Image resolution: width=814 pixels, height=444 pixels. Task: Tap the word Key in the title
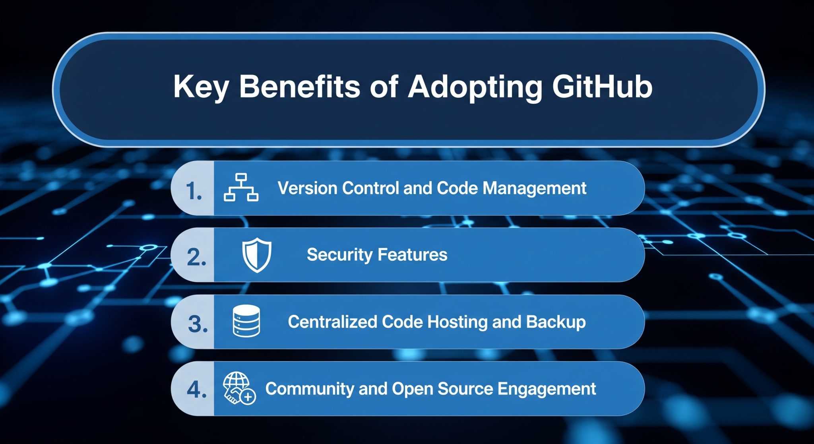point(201,87)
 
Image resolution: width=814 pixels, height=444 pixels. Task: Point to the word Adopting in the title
point(475,87)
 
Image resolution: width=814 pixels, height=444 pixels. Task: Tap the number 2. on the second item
point(196,258)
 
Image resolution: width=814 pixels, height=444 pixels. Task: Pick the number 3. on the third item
point(198,324)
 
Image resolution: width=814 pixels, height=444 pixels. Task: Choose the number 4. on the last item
point(197,390)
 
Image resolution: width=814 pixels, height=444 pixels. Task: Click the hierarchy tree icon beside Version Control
point(241,188)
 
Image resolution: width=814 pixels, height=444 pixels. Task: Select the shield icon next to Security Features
point(257,255)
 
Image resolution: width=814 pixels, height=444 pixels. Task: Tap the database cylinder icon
point(246,321)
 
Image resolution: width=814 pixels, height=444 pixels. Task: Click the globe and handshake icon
point(239,388)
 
